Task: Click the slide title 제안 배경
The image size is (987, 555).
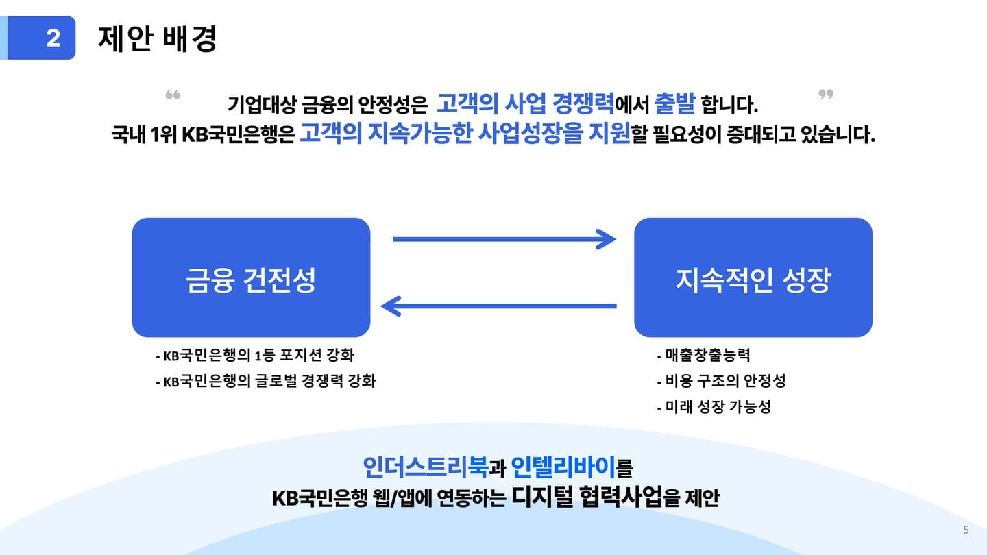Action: click(158, 38)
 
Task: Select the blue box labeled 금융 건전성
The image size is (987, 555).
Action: click(251, 278)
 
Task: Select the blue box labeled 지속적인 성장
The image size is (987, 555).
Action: click(753, 278)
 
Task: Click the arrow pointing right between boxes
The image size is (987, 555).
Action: click(504, 239)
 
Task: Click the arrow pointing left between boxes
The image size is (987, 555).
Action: click(499, 306)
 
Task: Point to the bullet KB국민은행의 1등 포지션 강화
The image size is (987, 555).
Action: click(255, 356)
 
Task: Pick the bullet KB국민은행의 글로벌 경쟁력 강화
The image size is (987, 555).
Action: click(265, 381)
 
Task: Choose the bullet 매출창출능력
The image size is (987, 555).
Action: click(703, 356)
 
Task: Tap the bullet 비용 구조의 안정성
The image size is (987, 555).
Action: click(721, 381)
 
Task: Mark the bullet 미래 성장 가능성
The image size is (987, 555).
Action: click(714, 406)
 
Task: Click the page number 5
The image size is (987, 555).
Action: click(966, 530)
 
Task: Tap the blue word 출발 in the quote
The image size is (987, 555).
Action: click(675, 104)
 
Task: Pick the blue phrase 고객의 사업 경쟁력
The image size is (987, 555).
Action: click(525, 104)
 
